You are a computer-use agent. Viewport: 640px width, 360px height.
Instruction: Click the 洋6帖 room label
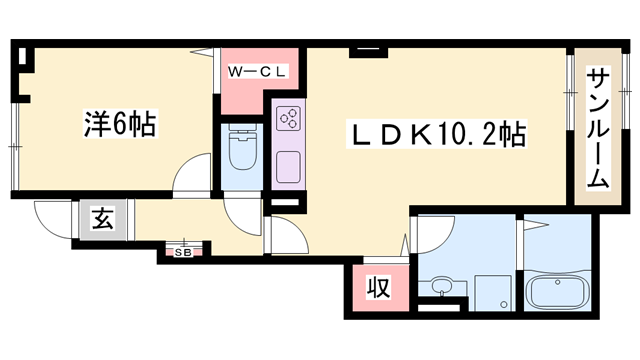tap(120, 124)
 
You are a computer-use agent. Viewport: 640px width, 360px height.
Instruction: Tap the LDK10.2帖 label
tap(436, 134)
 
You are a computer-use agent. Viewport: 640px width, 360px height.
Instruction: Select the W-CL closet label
tap(258, 72)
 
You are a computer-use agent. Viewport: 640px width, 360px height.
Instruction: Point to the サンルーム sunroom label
tap(599, 129)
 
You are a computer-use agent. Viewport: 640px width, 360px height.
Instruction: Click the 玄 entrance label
tap(102, 218)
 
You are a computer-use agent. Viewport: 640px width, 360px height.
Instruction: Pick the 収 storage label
tap(378, 287)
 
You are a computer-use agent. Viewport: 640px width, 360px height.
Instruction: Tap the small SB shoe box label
tap(183, 253)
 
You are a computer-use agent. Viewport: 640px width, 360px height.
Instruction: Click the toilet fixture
tap(242, 147)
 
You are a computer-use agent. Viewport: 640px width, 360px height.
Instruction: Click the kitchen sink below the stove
tap(289, 167)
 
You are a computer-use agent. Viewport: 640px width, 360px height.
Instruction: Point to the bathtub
tap(558, 291)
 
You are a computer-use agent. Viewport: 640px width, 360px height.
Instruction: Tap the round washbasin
tap(442, 284)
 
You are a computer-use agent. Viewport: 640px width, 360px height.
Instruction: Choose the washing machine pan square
tap(493, 292)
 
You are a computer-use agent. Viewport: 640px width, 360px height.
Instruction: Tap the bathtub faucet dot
tap(557, 281)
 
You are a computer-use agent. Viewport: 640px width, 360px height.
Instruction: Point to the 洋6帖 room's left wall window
tap(14, 146)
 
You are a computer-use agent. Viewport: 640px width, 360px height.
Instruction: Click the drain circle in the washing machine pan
tap(504, 304)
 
